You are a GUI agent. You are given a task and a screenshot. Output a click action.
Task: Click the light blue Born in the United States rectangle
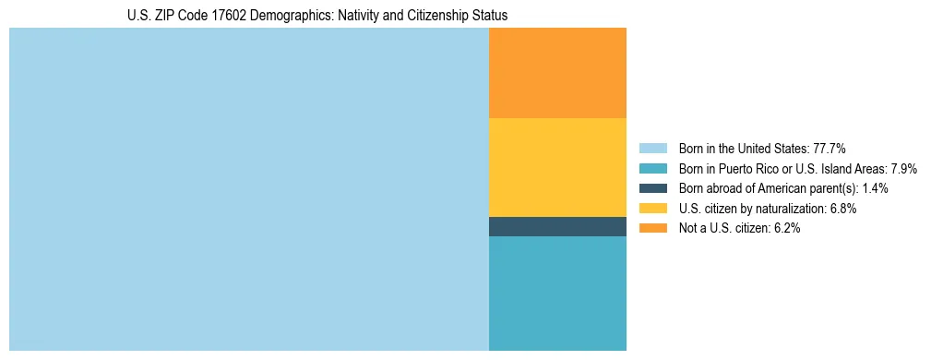pyautogui.click(x=248, y=189)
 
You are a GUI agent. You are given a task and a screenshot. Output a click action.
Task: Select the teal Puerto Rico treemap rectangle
pyautogui.click(x=557, y=294)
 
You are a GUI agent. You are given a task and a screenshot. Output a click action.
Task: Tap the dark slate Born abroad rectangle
pyautogui.click(x=557, y=226)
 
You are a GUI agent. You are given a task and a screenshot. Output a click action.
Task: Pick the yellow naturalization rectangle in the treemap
pyautogui.click(x=557, y=167)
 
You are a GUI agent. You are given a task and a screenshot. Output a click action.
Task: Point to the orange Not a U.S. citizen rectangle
pyautogui.click(x=557, y=73)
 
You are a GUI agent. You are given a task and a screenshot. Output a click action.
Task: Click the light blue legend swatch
pyautogui.click(x=652, y=149)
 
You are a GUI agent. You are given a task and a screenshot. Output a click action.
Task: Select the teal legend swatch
pyautogui.click(x=652, y=169)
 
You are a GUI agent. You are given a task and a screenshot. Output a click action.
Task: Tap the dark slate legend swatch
pyautogui.click(x=652, y=188)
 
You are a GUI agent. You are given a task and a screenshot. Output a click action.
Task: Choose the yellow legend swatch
pyautogui.click(x=652, y=209)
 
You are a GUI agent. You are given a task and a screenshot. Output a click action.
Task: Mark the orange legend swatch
pyautogui.click(x=652, y=228)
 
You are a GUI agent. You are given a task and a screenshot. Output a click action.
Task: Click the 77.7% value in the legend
pyautogui.click(x=830, y=149)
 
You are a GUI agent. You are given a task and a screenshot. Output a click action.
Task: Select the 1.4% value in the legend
pyautogui.click(x=875, y=188)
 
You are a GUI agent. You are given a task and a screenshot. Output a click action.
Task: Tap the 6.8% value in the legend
pyautogui.click(x=841, y=209)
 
